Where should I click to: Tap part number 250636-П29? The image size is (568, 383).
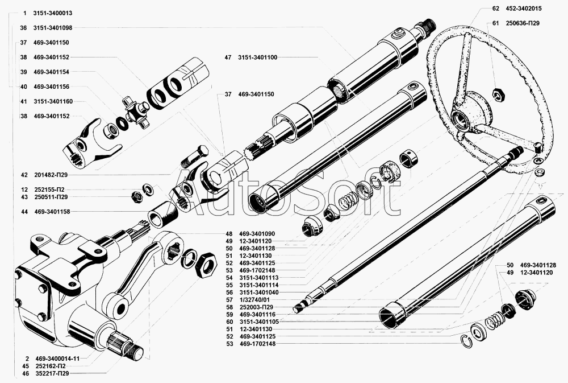[520, 23]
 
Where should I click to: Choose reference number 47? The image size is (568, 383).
[228, 57]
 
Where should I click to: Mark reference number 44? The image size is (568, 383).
[23, 212]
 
